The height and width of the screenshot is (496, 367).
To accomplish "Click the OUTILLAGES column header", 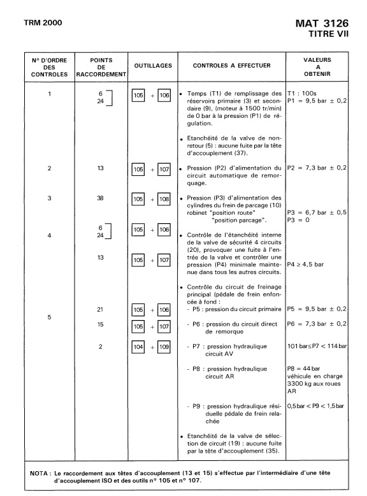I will point(153,65).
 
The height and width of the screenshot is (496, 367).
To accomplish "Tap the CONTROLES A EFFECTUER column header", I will point(232,65).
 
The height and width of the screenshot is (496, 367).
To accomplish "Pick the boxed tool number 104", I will point(139,347).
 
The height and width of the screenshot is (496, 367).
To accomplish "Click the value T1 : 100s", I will point(301,93).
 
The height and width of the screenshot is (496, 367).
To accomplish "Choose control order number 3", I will point(50,198).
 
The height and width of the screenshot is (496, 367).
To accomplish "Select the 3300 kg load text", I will point(315,385).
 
